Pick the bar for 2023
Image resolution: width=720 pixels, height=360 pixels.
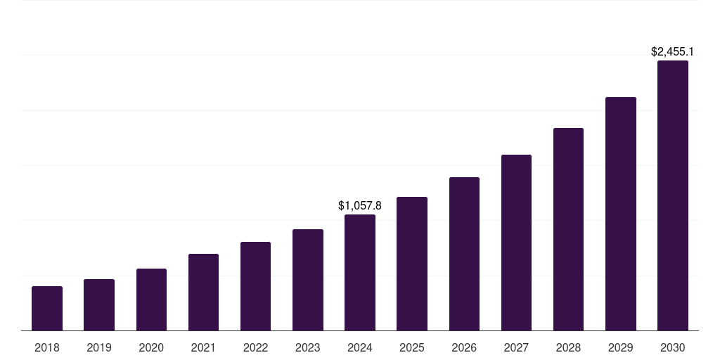click(x=308, y=280)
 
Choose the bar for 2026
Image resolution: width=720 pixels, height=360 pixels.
click(x=464, y=254)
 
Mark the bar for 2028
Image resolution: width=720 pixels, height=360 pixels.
click(x=568, y=229)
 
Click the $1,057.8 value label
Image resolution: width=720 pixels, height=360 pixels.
click(x=360, y=205)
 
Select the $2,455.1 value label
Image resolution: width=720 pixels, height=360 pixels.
click(x=673, y=51)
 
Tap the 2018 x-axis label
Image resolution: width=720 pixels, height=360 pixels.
click(x=47, y=347)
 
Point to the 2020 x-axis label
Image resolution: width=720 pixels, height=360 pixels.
click(x=151, y=347)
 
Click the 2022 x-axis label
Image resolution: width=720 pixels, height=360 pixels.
click(x=255, y=347)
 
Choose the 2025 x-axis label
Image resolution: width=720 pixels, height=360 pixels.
click(x=412, y=347)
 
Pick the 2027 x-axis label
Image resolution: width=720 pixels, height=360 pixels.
click(x=516, y=347)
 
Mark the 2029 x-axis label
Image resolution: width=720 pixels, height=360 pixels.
click(x=620, y=347)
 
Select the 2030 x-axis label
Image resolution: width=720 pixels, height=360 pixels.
click(x=673, y=347)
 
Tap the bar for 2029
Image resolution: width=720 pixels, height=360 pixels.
click(x=620, y=214)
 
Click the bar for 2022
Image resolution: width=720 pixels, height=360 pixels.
click(x=255, y=286)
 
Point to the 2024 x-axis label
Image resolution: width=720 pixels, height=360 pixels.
click(x=360, y=347)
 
